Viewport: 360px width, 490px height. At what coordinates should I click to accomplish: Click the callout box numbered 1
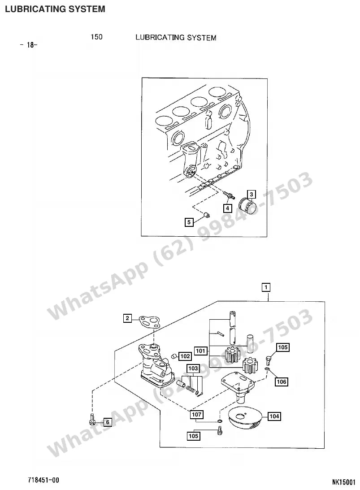click(x=265, y=287)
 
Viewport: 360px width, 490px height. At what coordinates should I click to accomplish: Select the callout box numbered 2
click(x=127, y=318)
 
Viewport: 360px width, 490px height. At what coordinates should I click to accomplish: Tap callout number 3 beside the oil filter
click(x=251, y=195)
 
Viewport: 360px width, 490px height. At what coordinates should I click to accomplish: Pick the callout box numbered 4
click(x=227, y=208)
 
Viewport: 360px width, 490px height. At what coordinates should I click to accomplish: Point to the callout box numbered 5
click(x=189, y=222)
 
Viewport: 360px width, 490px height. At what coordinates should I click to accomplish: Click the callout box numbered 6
click(x=108, y=422)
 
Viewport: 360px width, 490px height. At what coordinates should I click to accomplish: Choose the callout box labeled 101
click(x=201, y=351)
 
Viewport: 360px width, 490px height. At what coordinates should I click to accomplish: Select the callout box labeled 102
click(x=185, y=356)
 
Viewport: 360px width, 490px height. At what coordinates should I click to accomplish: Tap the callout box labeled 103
click(x=193, y=369)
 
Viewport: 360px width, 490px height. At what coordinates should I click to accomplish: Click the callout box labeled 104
click(x=274, y=416)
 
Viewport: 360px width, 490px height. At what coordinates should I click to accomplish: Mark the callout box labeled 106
click(x=282, y=382)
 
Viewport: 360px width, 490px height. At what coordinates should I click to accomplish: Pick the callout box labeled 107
click(x=196, y=415)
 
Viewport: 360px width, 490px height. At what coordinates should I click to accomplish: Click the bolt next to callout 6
click(x=92, y=419)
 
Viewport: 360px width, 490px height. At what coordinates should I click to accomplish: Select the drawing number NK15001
click(x=344, y=482)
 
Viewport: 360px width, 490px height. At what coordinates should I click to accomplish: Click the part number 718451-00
click(x=43, y=480)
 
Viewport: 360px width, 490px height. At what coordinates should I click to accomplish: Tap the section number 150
click(x=96, y=37)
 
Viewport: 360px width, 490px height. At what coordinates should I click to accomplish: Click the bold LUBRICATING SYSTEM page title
click(x=55, y=9)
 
